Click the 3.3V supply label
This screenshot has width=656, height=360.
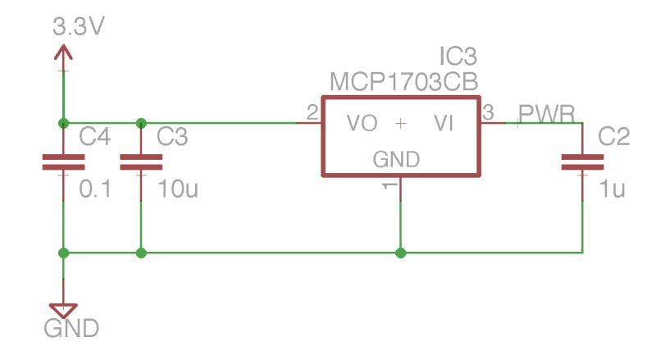tap(79, 26)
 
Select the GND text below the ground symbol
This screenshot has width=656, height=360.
tap(71, 330)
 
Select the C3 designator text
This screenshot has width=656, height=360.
tap(172, 137)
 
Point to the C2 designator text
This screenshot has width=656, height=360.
tap(613, 137)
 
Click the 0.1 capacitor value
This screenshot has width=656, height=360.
tap(94, 190)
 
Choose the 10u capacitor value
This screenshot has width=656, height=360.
tap(177, 190)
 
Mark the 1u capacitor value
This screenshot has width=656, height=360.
tap(612, 190)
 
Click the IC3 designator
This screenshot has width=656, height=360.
tap(458, 57)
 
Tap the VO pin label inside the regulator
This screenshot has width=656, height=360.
tap(362, 124)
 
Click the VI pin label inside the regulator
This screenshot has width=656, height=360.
tap(444, 124)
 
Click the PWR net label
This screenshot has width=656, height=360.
tap(547, 113)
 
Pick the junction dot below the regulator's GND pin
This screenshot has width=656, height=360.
tap(400, 253)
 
